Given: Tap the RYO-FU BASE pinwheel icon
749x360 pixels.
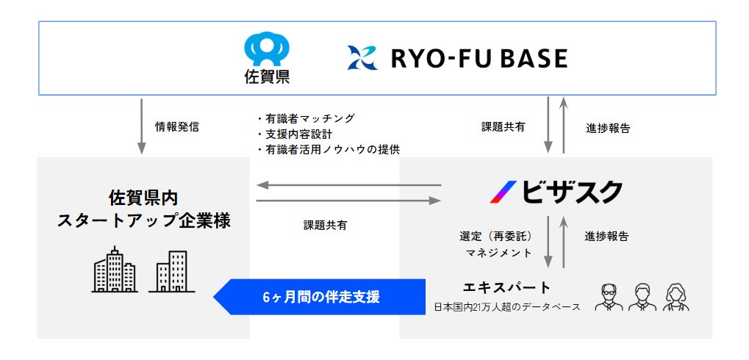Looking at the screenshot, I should coord(362,58).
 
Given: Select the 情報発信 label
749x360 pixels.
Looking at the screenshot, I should coord(176,127).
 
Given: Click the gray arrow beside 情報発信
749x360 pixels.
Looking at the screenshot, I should coord(141,126).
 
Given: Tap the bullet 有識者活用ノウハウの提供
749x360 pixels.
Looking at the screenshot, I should coord(328,149).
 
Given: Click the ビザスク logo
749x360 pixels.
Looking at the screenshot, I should coord(556,192).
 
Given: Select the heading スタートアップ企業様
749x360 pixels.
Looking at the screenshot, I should coord(143,220).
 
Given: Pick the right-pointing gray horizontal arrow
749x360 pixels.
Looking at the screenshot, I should coord(348,199).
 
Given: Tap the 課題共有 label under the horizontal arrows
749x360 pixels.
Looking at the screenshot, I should coord(325,226).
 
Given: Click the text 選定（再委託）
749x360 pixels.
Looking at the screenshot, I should coord(496,237).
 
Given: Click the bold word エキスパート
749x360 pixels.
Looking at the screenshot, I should coord(506,287).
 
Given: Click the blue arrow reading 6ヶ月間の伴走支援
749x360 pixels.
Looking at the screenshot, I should coord(320,298).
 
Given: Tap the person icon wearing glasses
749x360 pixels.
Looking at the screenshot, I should coord(609,297).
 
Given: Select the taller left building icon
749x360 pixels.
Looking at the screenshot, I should coord(115,270).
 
